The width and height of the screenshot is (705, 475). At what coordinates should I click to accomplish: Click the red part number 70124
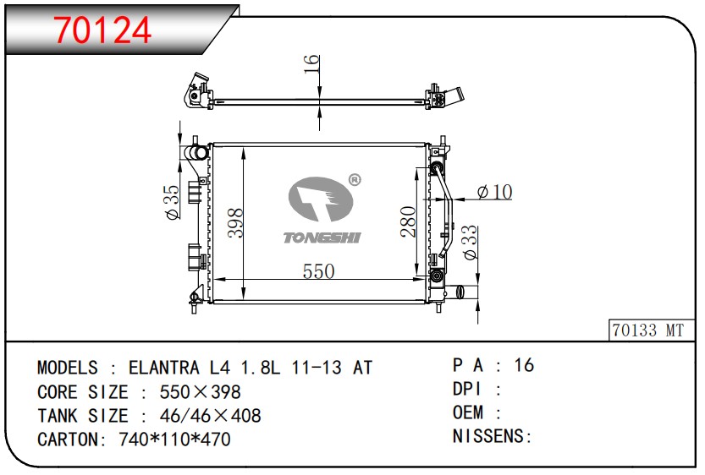(102, 30)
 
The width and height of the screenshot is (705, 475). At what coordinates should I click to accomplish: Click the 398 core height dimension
(235, 222)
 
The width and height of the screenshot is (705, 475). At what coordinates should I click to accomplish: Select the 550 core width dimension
(318, 271)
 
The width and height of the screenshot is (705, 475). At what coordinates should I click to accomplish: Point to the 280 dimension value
(408, 221)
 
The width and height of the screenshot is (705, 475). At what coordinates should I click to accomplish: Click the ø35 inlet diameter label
(173, 202)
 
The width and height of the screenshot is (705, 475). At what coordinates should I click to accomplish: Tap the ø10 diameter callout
(494, 192)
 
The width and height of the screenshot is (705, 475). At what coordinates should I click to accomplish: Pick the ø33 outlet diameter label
(470, 243)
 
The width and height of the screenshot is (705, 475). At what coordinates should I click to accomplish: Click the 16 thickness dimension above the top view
(311, 64)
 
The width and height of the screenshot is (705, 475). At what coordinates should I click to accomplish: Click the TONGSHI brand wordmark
(322, 237)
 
